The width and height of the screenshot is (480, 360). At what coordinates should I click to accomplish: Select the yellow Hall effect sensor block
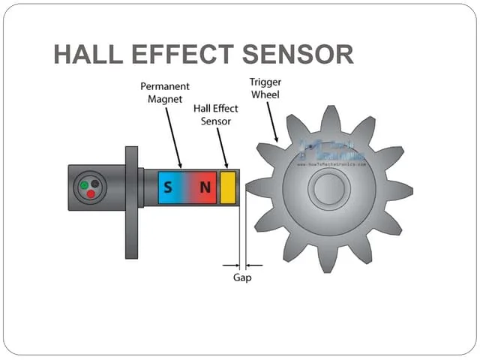click(228, 187)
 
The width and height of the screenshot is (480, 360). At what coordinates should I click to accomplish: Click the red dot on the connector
click(90, 193)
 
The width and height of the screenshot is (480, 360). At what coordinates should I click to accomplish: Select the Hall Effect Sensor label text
click(215, 114)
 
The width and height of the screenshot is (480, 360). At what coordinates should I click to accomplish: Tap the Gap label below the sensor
click(241, 277)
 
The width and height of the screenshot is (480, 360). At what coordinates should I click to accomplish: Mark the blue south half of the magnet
click(170, 187)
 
